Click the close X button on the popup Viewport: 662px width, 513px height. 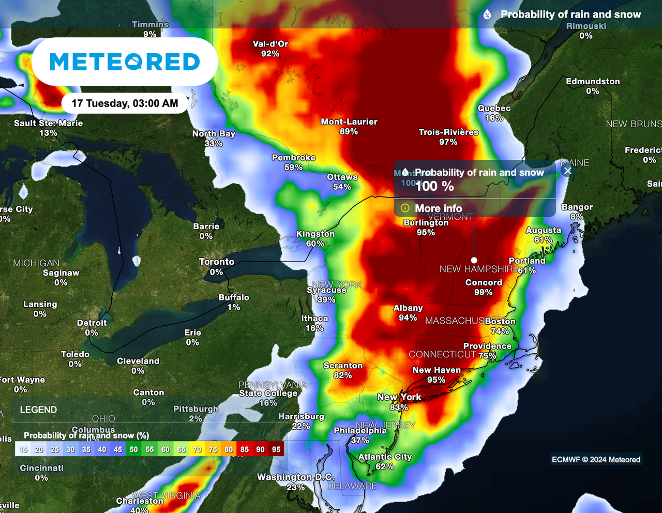tap(567, 171)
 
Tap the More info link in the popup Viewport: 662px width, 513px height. tap(438, 208)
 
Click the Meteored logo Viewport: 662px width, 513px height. tap(125, 62)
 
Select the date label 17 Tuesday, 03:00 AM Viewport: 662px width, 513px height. tap(125, 103)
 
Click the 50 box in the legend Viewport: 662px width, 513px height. tap(134, 449)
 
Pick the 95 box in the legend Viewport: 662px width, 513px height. tap(276, 449)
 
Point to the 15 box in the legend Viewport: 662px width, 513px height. tap(23, 449)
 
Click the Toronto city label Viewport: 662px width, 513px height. tap(217, 262)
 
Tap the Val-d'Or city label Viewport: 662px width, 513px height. tap(270, 44)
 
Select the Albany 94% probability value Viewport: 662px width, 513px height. tap(408, 318)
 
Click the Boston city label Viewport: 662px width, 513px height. tap(500, 321)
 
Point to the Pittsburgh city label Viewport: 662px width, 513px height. tap(195, 409)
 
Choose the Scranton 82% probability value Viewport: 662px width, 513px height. tap(342, 375)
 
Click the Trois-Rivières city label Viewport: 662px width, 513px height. tap(448, 132)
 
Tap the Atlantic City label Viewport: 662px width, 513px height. tap(385, 457)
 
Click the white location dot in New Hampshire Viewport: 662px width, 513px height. tap(474, 260)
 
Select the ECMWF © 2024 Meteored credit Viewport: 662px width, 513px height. tap(596, 459)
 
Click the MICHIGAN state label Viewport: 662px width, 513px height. tap(36, 263)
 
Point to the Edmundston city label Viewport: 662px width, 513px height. tap(593, 81)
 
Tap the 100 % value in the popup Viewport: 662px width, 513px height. tap(434, 186)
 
